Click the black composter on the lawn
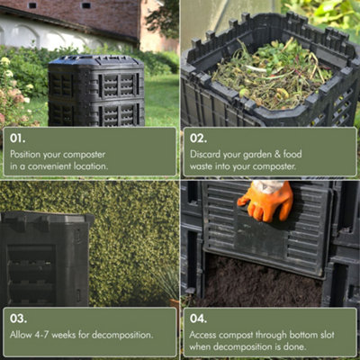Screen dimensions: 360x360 (x=95, y=92)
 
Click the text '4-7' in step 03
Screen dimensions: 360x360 (x=47, y=335)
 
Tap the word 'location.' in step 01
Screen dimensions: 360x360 (x=90, y=166)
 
